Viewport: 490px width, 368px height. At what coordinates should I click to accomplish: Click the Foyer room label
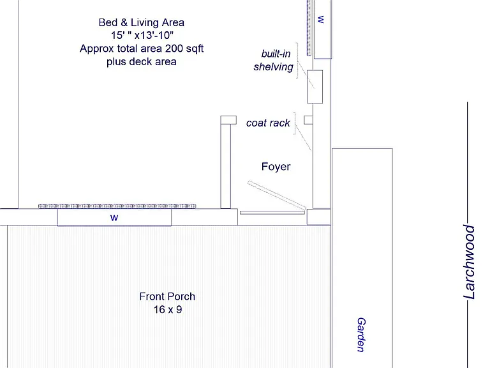(276, 167)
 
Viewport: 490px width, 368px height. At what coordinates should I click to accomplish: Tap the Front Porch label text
(167, 296)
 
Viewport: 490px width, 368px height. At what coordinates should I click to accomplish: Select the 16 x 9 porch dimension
(168, 309)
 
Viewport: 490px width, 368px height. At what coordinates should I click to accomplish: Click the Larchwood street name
(470, 262)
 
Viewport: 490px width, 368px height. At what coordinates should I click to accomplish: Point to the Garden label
(361, 335)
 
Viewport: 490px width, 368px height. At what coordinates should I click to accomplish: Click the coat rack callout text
(268, 123)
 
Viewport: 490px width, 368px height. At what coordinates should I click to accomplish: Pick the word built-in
(276, 54)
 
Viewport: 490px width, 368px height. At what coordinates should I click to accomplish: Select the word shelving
(274, 67)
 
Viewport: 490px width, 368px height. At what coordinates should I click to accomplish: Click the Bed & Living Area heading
(141, 22)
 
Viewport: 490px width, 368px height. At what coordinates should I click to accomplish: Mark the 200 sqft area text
(184, 49)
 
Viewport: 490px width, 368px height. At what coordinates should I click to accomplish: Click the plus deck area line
(141, 61)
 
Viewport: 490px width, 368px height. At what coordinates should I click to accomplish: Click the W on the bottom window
(114, 218)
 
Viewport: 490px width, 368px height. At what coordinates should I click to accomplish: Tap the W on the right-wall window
(321, 19)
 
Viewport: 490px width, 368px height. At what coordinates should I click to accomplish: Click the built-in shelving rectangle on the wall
(315, 87)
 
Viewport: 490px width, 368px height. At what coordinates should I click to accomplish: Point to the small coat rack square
(308, 120)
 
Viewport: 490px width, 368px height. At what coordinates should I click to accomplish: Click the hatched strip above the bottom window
(117, 206)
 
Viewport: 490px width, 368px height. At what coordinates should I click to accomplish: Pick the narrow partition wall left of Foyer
(226, 166)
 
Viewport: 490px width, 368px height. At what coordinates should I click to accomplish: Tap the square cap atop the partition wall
(228, 120)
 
